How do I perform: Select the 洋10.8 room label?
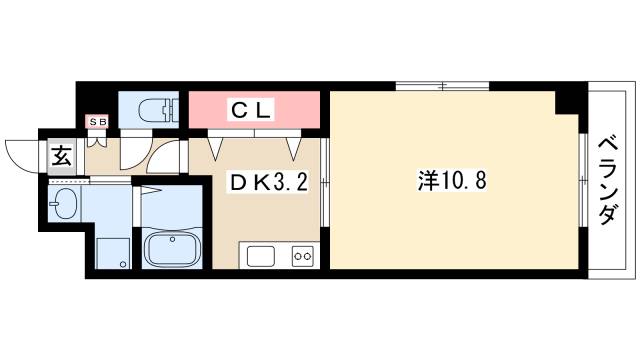point(452,182)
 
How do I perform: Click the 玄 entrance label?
point(60,156)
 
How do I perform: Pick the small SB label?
point(97,122)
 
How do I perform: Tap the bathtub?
point(171,247)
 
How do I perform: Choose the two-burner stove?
point(302,256)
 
